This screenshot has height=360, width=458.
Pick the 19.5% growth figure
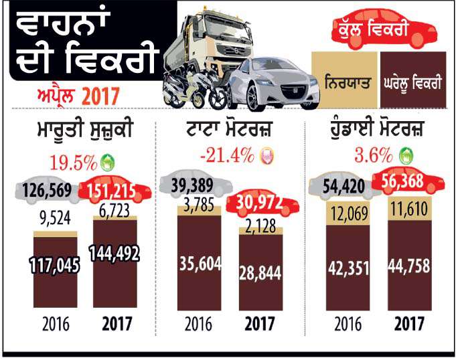click(x=70, y=161)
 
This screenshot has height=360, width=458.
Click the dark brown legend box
click(x=412, y=84)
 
